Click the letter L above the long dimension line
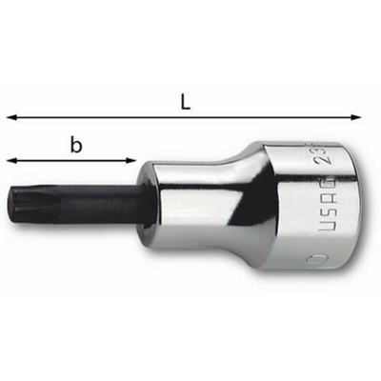(x=187, y=99)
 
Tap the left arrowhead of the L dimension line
(x=11, y=117)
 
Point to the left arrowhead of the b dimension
(x=10, y=159)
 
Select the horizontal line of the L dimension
(x=238, y=117)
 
